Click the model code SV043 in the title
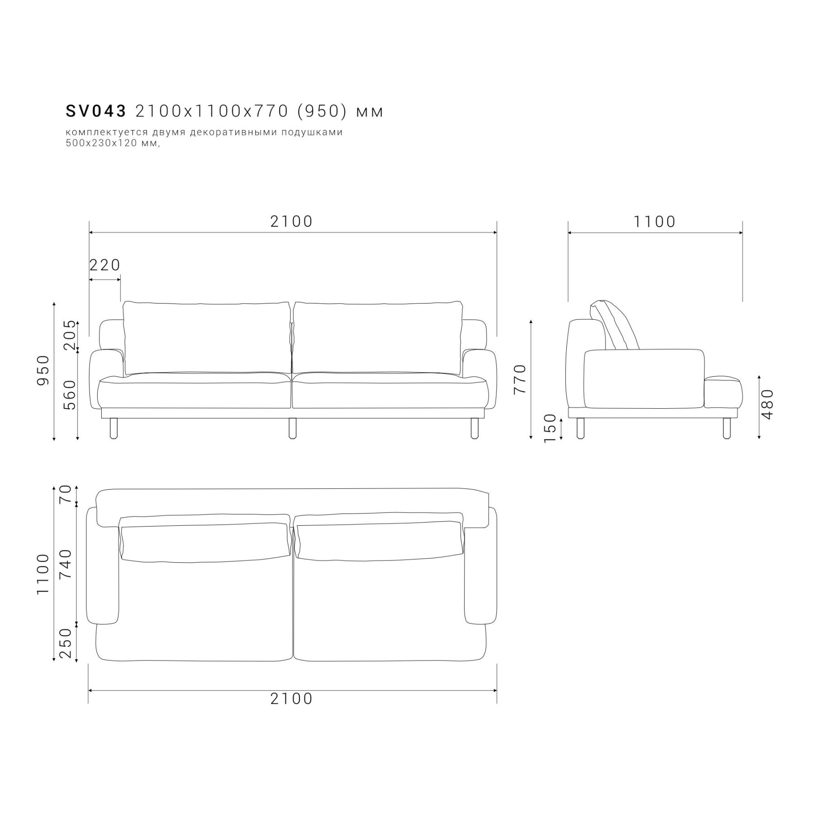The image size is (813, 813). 96,111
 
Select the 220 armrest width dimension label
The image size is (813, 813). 105,265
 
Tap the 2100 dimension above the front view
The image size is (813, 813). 291,221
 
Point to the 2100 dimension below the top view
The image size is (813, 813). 291,699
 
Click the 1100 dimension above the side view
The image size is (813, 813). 654,222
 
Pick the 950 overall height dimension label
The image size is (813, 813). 43,370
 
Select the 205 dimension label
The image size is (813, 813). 70,335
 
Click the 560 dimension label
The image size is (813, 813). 70,395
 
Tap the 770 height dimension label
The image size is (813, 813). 520,379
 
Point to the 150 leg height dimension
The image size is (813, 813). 550,429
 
